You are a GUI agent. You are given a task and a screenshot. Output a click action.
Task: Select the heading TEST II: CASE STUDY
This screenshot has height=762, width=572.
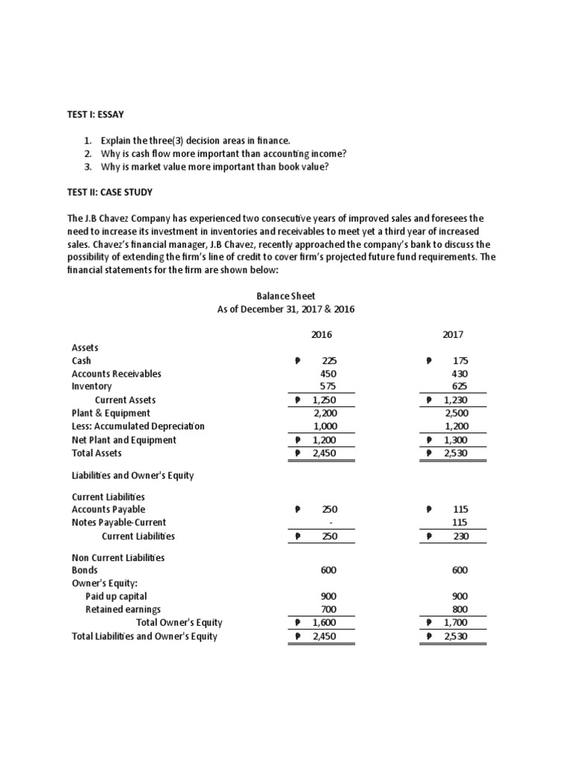[x=110, y=192]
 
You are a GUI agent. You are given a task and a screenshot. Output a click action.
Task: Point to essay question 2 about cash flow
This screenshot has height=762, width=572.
[x=216, y=153]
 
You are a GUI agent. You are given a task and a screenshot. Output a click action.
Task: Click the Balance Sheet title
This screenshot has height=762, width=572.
[x=285, y=296]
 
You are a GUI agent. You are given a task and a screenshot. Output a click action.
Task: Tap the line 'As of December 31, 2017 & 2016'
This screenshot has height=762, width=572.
[x=285, y=309]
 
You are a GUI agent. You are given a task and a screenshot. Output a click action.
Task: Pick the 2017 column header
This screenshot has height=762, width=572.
[x=452, y=335]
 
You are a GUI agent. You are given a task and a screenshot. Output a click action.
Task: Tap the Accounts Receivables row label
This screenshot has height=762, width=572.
[x=116, y=374]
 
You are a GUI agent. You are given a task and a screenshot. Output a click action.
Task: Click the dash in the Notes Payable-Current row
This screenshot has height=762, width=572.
[x=328, y=522]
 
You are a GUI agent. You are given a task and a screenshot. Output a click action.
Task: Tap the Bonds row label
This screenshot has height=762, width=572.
[x=84, y=570]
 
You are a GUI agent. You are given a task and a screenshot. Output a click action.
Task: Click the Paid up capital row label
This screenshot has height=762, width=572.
[x=116, y=596]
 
